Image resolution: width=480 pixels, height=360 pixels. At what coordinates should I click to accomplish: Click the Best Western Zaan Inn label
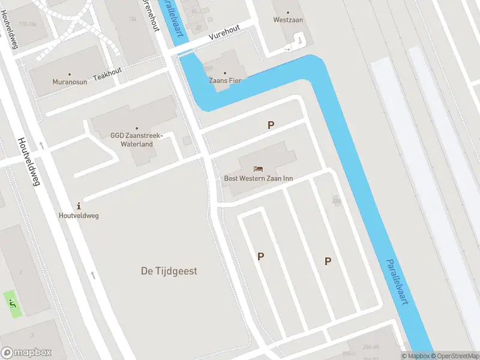tap(258, 178)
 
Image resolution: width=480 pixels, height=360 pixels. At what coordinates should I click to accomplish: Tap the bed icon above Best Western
tap(258, 168)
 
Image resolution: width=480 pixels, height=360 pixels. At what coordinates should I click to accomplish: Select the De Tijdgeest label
tap(169, 271)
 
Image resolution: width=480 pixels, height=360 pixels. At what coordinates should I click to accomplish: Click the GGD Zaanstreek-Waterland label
tap(136, 140)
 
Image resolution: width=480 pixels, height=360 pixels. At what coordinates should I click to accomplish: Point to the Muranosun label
tap(69, 82)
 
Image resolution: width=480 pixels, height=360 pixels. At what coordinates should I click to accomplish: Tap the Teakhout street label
tap(107, 71)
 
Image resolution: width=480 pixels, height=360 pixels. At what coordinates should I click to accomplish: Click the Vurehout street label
tap(224, 32)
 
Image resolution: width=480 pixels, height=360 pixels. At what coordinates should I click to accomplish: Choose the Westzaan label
tap(287, 20)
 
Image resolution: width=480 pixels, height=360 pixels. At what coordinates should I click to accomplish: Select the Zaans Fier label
tap(225, 80)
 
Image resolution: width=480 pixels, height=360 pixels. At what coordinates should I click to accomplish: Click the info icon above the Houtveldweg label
tap(79, 205)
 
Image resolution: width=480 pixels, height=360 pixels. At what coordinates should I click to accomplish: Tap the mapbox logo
tap(26, 353)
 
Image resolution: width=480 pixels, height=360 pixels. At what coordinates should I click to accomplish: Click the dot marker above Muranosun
tap(69, 74)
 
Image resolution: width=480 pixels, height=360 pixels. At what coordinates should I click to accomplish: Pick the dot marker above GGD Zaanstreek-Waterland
tap(136, 128)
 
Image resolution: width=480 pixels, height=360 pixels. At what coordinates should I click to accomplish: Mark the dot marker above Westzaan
tap(287, 12)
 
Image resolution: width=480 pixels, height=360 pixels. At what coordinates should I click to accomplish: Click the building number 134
tap(133, 19)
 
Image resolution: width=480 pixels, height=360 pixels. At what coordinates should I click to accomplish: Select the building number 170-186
tap(28, 25)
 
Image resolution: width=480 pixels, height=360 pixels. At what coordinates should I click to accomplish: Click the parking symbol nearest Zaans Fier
tap(271, 125)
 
